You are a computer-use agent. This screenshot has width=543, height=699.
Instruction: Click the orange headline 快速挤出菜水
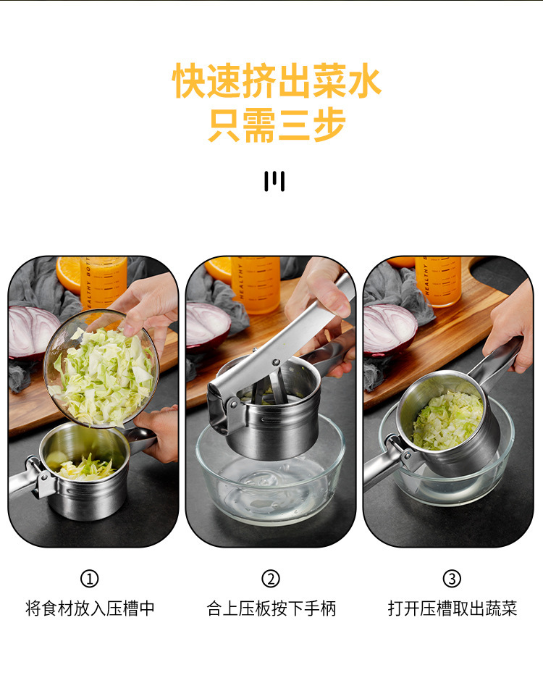(277, 81)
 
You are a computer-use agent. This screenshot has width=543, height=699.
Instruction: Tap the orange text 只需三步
(277, 125)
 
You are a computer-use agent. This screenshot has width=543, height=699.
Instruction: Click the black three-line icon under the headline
(274, 181)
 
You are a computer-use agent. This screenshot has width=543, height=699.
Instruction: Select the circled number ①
(89, 579)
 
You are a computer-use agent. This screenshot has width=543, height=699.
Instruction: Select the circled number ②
(270, 579)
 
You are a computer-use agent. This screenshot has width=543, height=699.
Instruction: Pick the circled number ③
(452, 579)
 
